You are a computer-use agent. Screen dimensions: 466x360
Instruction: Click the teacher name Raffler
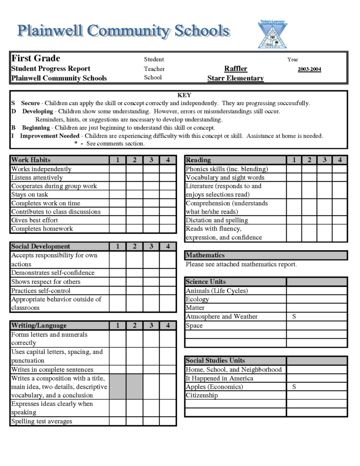click(x=236, y=69)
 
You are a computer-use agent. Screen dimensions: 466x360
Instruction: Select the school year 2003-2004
click(x=309, y=69)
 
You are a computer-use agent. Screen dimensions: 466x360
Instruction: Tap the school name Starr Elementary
click(x=236, y=78)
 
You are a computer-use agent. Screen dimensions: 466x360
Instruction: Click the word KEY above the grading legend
click(x=184, y=95)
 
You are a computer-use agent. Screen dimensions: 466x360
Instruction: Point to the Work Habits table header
click(x=31, y=160)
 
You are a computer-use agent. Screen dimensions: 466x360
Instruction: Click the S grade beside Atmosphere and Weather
click(x=294, y=317)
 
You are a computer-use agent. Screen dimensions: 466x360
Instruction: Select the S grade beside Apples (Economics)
click(x=294, y=387)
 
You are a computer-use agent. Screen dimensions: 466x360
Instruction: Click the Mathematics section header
click(x=205, y=255)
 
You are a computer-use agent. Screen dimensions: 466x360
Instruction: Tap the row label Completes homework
click(x=42, y=229)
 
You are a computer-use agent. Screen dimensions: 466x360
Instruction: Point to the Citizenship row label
click(x=202, y=395)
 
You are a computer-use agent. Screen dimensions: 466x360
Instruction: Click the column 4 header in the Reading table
click(x=339, y=160)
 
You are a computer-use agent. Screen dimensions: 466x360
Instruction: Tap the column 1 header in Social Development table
click(x=118, y=246)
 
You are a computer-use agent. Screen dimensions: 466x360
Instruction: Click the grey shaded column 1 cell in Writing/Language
click(x=118, y=386)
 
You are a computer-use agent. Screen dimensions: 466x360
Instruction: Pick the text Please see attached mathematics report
click(x=241, y=264)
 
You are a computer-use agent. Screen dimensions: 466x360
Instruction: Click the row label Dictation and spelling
click(x=216, y=220)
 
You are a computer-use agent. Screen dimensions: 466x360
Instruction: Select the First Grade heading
click(x=36, y=59)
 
